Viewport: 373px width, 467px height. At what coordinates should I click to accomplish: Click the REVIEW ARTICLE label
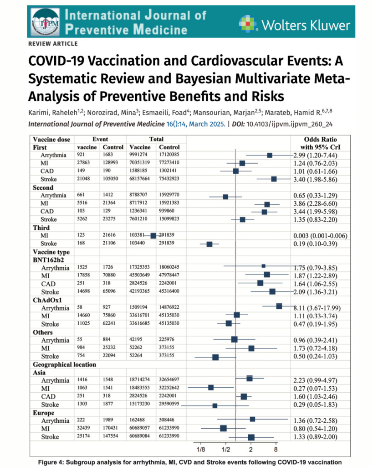pos(53,44)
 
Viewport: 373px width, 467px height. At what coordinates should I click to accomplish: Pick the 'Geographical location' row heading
pos(64,364)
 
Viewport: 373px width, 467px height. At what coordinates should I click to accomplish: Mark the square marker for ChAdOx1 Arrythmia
pos(279,306)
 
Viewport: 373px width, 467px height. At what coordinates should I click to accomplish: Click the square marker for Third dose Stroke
pos(209,244)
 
